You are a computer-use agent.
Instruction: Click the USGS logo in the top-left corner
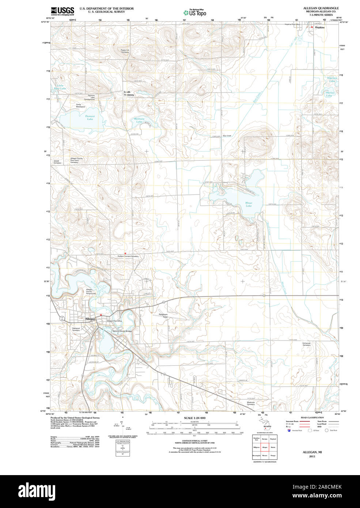pos(62,11)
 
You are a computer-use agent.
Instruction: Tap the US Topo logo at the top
pos(195,12)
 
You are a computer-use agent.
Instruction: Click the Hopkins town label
pos(320,27)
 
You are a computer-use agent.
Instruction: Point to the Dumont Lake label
pos(90,118)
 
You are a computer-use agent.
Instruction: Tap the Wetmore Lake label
pos(139,120)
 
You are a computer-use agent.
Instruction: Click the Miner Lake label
pos(249,204)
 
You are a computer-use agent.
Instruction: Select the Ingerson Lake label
pos(332,79)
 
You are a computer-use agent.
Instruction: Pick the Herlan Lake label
pos(330,94)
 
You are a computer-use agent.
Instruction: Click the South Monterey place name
pos(129,93)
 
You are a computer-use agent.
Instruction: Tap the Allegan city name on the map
pos(90,319)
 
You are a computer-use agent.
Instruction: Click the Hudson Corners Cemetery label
pos(128,256)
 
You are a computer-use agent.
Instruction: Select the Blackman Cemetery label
pos(251,403)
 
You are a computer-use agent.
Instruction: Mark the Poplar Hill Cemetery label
pos(125,51)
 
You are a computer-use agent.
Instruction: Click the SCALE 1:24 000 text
pos(194,418)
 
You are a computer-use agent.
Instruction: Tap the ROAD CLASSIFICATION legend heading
pos(312,417)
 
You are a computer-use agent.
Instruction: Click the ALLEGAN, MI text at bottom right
pos(312,452)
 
